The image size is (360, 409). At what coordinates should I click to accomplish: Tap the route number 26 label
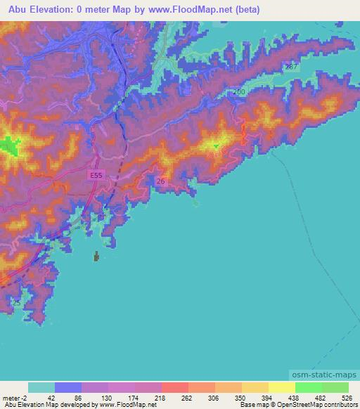(x=161, y=181)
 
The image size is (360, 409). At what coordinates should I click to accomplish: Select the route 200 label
(x=239, y=92)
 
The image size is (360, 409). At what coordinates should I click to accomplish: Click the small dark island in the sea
(x=96, y=257)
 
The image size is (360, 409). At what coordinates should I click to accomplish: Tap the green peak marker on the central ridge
(x=216, y=146)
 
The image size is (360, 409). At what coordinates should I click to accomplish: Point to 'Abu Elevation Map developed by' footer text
(x=42, y=405)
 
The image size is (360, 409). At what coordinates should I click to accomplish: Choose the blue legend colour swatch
(x=68, y=387)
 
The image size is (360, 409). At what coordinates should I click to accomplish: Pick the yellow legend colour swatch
(x=282, y=387)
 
